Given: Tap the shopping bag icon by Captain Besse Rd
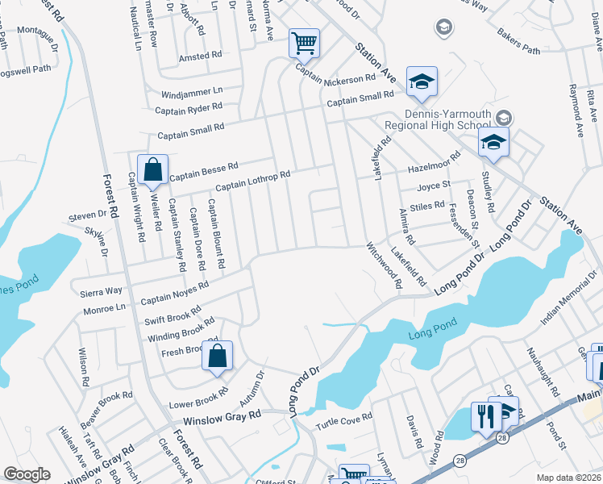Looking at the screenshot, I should [152, 170].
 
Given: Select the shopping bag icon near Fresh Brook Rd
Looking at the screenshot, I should [218, 357].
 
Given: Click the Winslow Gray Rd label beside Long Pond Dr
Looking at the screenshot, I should [222, 415].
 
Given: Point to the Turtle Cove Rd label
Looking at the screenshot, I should [343, 419].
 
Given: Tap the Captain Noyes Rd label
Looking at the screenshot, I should [175, 293].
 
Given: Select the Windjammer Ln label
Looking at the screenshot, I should [191, 91].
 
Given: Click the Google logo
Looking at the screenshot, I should [27, 474].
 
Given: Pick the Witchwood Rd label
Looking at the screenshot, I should [384, 265].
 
